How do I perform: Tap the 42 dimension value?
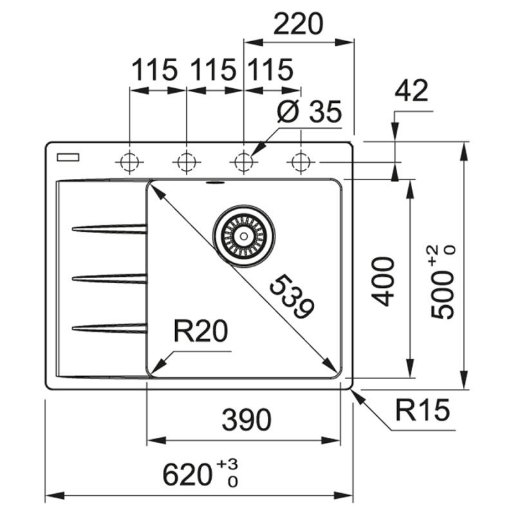(x=411, y=91)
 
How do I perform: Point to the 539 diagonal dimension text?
(x=293, y=297)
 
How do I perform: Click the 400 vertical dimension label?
(x=384, y=281)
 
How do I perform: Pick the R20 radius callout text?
(x=201, y=332)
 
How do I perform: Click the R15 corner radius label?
(x=422, y=410)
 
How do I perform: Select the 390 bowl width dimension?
(x=246, y=421)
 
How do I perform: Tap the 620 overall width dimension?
(x=200, y=475)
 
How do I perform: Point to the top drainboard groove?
(x=109, y=228)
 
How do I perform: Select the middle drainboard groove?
(x=109, y=278)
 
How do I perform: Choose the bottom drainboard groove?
(x=109, y=328)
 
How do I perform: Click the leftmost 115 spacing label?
(x=154, y=70)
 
